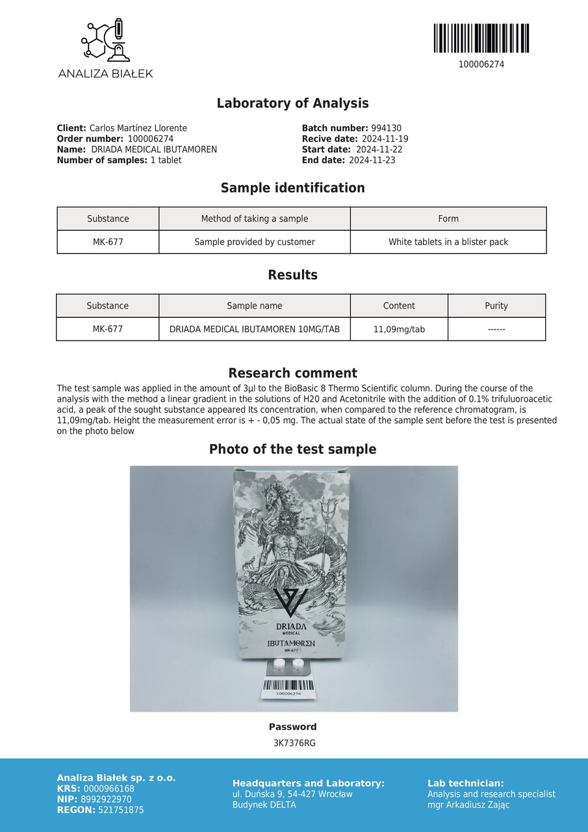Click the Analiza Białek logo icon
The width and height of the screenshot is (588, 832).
click(105, 41)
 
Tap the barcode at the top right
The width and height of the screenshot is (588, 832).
click(481, 38)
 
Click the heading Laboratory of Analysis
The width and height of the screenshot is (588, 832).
click(292, 103)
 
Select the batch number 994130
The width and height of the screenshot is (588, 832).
click(386, 129)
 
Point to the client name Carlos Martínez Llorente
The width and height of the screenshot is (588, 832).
click(138, 129)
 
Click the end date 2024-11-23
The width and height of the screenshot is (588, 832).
click(372, 160)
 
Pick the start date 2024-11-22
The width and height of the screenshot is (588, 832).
click(379, 149)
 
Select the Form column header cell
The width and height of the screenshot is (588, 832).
click(448, 218)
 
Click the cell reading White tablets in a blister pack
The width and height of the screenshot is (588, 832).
click(448, 242)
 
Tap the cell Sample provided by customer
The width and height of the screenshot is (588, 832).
click(255, 242)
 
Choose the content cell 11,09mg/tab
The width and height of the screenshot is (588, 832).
click(399, 329)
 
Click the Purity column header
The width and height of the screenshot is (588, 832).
click(496, 305)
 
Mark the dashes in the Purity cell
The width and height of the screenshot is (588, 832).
click(496, 330)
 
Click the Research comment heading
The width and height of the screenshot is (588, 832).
click(292, 373)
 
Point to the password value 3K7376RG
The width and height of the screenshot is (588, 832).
click(294, 743)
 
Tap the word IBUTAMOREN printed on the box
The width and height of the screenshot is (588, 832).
click(291, 642)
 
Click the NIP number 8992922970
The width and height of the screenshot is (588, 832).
click(106, 799)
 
